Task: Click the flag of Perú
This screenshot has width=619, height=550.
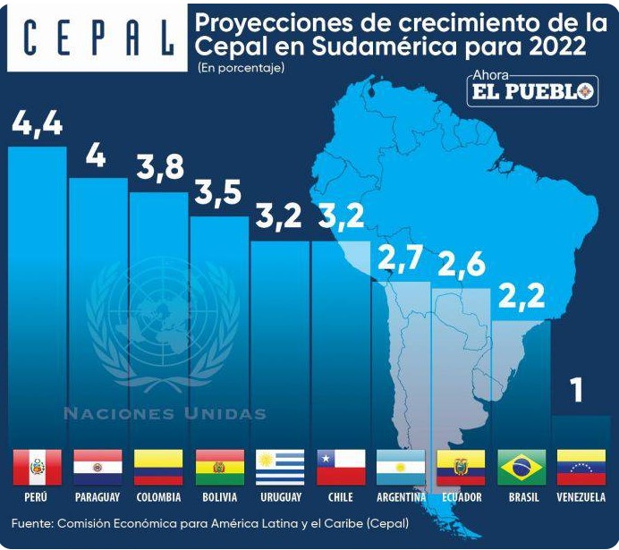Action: [38, 467]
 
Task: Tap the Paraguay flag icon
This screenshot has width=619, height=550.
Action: [98, 467]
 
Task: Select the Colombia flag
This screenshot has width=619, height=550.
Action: [158, 467]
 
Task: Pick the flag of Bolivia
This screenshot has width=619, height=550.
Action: [219, 467]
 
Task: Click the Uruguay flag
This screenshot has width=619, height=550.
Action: [280, 467]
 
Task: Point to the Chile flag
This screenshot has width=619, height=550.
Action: [341, 467]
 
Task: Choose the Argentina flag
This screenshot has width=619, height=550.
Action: [401, 467]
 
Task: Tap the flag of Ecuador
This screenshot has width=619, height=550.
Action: [461, 467]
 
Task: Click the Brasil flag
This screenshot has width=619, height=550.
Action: [522, 467]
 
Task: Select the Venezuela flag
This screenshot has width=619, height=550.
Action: [581, 467]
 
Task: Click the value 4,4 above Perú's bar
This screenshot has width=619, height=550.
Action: [38, 123]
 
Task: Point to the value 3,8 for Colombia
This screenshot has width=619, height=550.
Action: [159, 167]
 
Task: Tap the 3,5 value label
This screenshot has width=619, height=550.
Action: [219, 193]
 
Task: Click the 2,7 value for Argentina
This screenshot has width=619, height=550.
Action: [401, 259]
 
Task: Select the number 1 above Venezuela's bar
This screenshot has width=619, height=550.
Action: [577, 390]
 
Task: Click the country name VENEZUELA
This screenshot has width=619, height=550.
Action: [581, 497]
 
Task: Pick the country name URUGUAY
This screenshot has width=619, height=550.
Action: [280, 497]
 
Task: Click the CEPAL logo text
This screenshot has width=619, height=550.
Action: [96, 38]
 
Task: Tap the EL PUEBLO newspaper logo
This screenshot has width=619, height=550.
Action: [532, 91]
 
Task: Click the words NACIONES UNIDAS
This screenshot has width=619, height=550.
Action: [165, 414]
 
